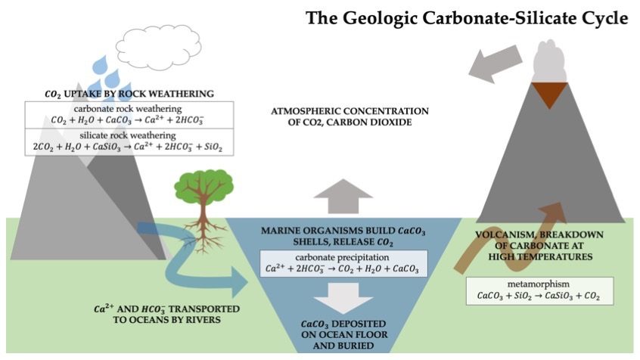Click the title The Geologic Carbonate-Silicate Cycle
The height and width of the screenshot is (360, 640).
coord(467,18)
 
